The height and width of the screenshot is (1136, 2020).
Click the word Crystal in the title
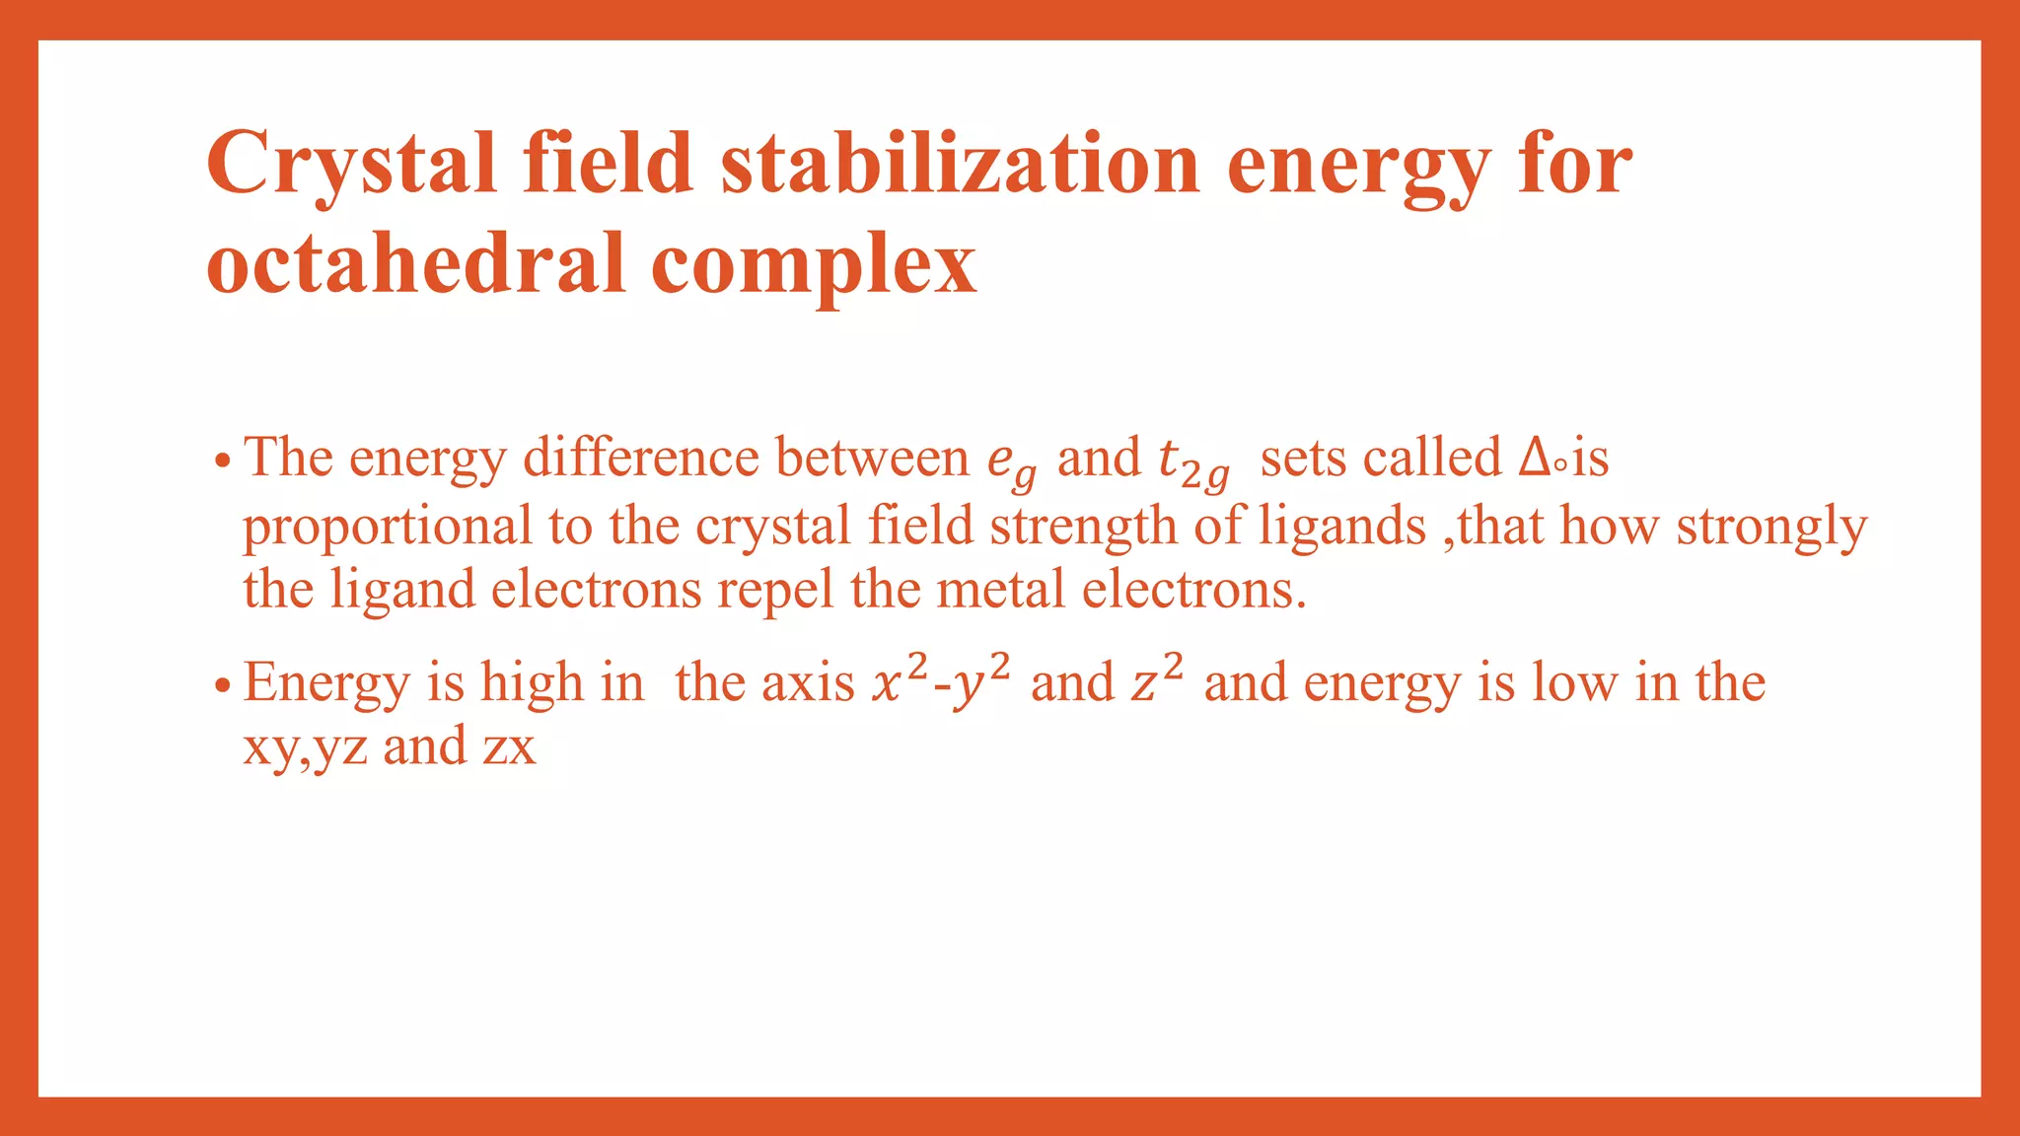350,164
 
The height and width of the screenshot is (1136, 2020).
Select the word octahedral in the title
415,264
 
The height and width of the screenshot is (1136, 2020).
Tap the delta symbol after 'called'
1534,458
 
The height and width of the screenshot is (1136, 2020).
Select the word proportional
387,527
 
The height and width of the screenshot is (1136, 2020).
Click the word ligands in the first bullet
1341,527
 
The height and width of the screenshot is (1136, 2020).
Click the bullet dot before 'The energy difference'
224,461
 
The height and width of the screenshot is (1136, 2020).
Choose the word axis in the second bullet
813,682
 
